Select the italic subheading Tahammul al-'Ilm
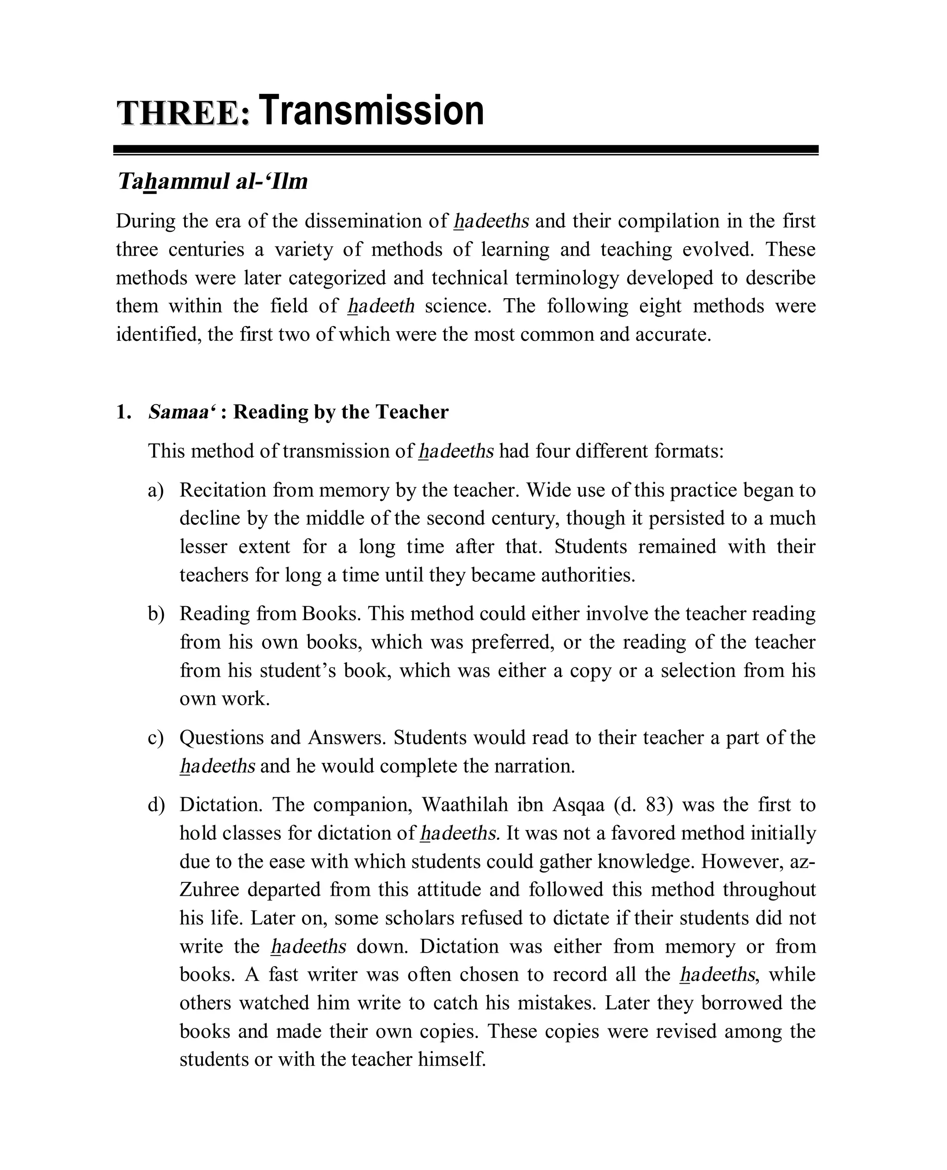(213, 182)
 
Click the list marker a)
(155, 490)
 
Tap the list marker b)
(155, 614)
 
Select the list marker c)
(155, 738)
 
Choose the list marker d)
(155, 805)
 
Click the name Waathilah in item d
(464, 805)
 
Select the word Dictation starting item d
(221, 805)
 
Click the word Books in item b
(330, 614)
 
